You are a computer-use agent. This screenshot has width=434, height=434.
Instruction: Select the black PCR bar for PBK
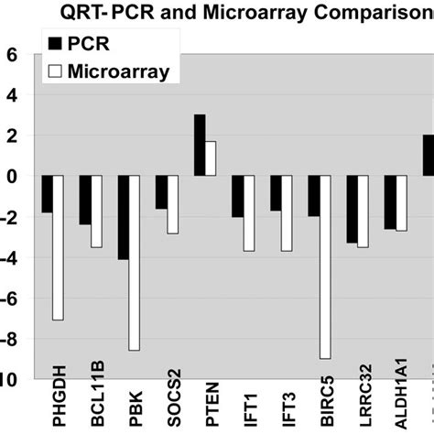123,217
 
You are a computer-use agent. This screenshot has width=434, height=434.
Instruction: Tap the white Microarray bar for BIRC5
325,266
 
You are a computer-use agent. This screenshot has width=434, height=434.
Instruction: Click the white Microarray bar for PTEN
211,157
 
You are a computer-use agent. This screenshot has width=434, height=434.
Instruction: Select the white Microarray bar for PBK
135,263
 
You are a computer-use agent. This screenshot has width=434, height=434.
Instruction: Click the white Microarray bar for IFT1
249,212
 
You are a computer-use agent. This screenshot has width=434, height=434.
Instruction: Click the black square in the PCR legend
54,44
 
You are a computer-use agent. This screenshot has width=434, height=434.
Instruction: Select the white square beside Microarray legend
54,71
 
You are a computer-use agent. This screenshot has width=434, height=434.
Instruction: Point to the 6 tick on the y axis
12,54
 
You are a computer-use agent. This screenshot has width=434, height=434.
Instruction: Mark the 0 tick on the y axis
12,176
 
